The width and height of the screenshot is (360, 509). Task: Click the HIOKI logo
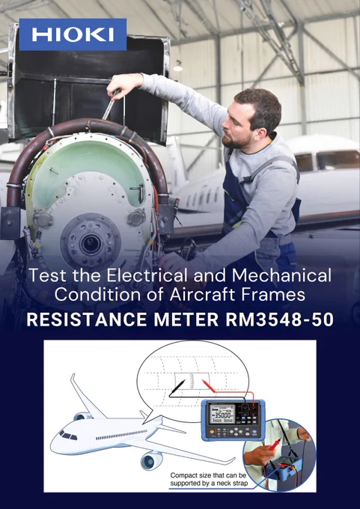73,34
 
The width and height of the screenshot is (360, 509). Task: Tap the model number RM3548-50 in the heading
279,320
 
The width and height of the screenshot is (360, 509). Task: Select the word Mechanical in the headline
281,275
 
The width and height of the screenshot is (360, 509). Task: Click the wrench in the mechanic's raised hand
111,104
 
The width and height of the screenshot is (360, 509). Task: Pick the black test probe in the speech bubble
177,388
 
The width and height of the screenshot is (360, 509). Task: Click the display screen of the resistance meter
221,415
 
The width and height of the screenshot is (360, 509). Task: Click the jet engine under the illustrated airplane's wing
152,460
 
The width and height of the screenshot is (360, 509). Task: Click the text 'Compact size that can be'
208,475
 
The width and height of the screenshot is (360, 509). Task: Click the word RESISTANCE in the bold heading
87,320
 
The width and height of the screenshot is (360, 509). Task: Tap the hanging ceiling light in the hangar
177,67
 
